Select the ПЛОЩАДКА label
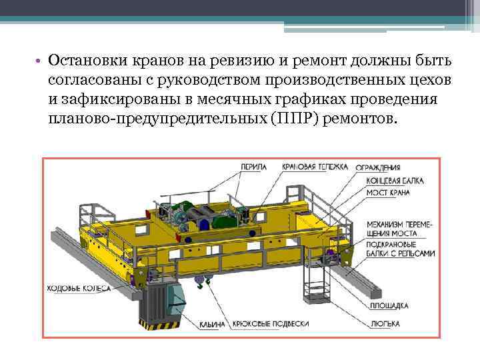(x=387, y=307)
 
